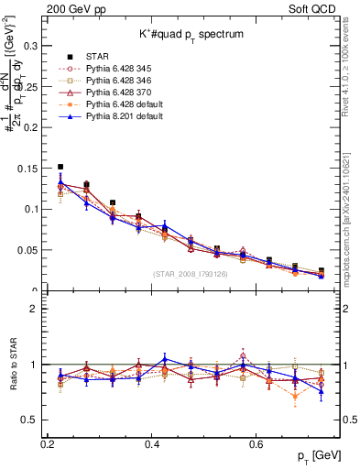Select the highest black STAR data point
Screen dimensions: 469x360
(x=60, y=167)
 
